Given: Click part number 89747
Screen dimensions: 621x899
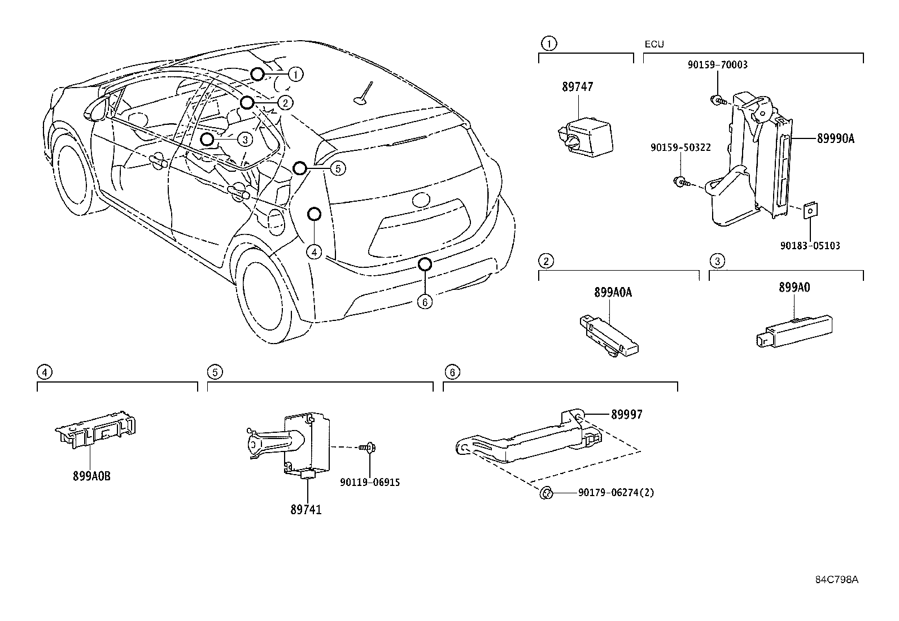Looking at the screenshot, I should coord(577,87).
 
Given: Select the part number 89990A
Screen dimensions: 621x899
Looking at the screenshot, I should coord(835,138).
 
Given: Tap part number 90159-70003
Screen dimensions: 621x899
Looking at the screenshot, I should coord(717,65).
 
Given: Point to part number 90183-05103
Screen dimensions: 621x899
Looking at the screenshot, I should coord(810,246).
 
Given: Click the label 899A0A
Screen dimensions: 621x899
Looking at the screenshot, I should coord(613,292).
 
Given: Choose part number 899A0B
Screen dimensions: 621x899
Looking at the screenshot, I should coord(91,476).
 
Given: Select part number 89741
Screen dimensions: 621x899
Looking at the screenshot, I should coord(306,510).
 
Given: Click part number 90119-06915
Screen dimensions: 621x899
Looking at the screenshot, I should coord(370,482).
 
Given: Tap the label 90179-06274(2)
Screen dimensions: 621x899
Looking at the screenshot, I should coord(616,493).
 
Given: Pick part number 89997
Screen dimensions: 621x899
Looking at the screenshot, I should coord(626,414).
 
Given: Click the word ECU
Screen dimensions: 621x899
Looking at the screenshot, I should coord(654,44).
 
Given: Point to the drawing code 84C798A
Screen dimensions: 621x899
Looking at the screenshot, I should coord(836,580).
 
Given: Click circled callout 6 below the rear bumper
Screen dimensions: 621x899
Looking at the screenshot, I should coord(425,302).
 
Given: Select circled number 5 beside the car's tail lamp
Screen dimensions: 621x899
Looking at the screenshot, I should coord(337,168).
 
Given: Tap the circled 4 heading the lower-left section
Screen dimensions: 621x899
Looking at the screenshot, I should coord(44,372).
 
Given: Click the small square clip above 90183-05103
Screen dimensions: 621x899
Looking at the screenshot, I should coord(810,211).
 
